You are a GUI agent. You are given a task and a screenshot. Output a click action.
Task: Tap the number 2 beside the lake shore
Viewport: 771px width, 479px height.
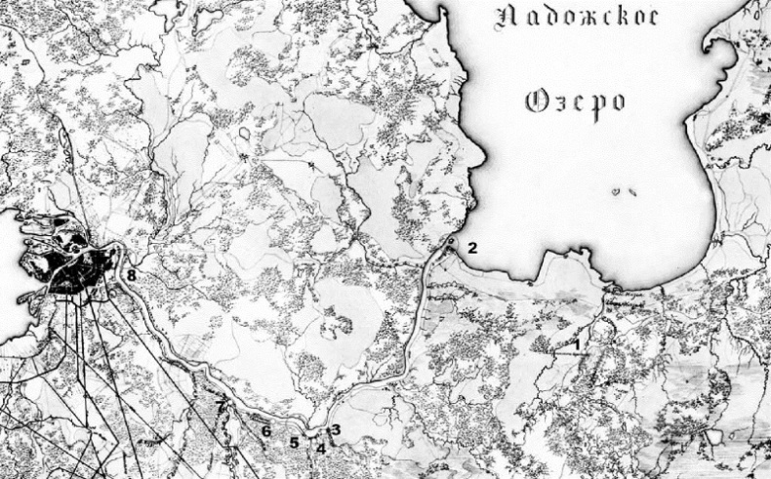pos(471,247)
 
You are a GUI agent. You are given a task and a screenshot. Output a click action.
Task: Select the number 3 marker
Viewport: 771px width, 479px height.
pos(335,429)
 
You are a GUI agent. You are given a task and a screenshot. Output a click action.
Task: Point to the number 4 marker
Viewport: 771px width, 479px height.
pos(320,448)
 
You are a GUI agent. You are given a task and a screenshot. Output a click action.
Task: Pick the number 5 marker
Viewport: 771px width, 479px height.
pos(294,442)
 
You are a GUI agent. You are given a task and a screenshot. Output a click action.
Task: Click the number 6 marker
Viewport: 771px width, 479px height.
pos(265,429)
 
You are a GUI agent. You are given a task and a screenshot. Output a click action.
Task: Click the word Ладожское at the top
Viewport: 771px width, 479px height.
pos(579,17)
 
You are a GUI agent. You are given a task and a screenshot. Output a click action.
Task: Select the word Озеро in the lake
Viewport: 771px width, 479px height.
pos(575,100)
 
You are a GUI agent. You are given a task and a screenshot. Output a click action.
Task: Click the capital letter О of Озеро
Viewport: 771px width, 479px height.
pos(537,100)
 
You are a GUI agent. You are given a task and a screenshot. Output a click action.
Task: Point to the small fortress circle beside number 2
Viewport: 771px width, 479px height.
pos(451,238)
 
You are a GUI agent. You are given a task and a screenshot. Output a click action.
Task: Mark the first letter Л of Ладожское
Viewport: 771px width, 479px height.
pos(507,17)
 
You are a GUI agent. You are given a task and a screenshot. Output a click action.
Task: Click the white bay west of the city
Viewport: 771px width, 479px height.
pos(15,293)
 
